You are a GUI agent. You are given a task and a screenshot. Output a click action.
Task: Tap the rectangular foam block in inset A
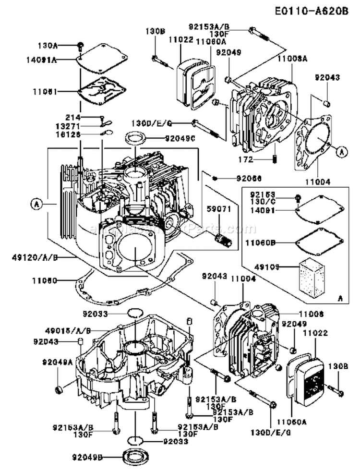(308, 276)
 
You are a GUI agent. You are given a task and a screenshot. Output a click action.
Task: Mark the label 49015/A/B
(67, 330)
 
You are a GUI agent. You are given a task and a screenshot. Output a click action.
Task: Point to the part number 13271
(71, 125)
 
